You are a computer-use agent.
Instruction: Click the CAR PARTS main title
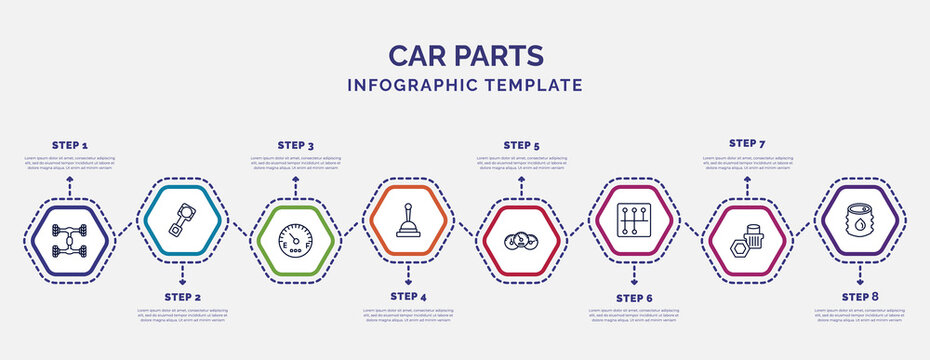pos(465,54)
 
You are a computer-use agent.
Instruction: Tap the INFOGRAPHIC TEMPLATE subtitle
pos(465,85)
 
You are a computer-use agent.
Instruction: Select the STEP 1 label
pos(69,145)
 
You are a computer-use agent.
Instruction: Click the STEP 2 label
pos(182,297)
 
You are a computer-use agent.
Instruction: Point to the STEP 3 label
pos(295,145)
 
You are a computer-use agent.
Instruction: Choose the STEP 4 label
pos(408,297)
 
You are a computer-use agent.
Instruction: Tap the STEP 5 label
pos(521,145)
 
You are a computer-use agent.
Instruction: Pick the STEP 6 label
pos(634,297)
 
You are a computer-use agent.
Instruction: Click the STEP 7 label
pos(747,143)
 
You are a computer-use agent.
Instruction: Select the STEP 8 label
pos(860,297)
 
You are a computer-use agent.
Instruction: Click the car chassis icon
pos(69,241)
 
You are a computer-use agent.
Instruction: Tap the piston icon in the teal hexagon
pos(182,219)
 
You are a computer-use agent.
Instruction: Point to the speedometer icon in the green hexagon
pos(295,241)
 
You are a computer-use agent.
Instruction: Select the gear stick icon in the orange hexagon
pos(408,219)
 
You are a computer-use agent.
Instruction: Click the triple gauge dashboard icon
pos(521,241)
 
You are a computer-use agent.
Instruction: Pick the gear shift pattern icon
pos(634,219)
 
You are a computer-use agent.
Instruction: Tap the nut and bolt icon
pos(747,241)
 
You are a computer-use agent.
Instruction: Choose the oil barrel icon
pos(860,219)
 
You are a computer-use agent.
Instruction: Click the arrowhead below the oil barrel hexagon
pos(860,269)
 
